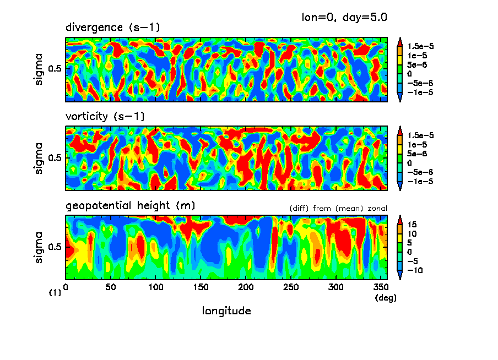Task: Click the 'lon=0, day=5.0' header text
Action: (x=344, y=17)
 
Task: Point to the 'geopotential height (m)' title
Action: (x=130, y=206)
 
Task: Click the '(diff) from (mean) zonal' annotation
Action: (x=338, y=208)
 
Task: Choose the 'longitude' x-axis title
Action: (x=226, y=311)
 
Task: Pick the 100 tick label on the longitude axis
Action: (x=156, y=287)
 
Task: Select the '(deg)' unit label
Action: (x=382, y=298)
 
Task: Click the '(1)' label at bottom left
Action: (x=55, y=293)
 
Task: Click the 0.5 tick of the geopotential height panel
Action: (x=56, y=247)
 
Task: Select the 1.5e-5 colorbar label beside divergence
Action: (x=421, y=46)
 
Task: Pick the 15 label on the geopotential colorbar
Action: (x=413, y=225)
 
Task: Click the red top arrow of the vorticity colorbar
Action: (x=400, y=130)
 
